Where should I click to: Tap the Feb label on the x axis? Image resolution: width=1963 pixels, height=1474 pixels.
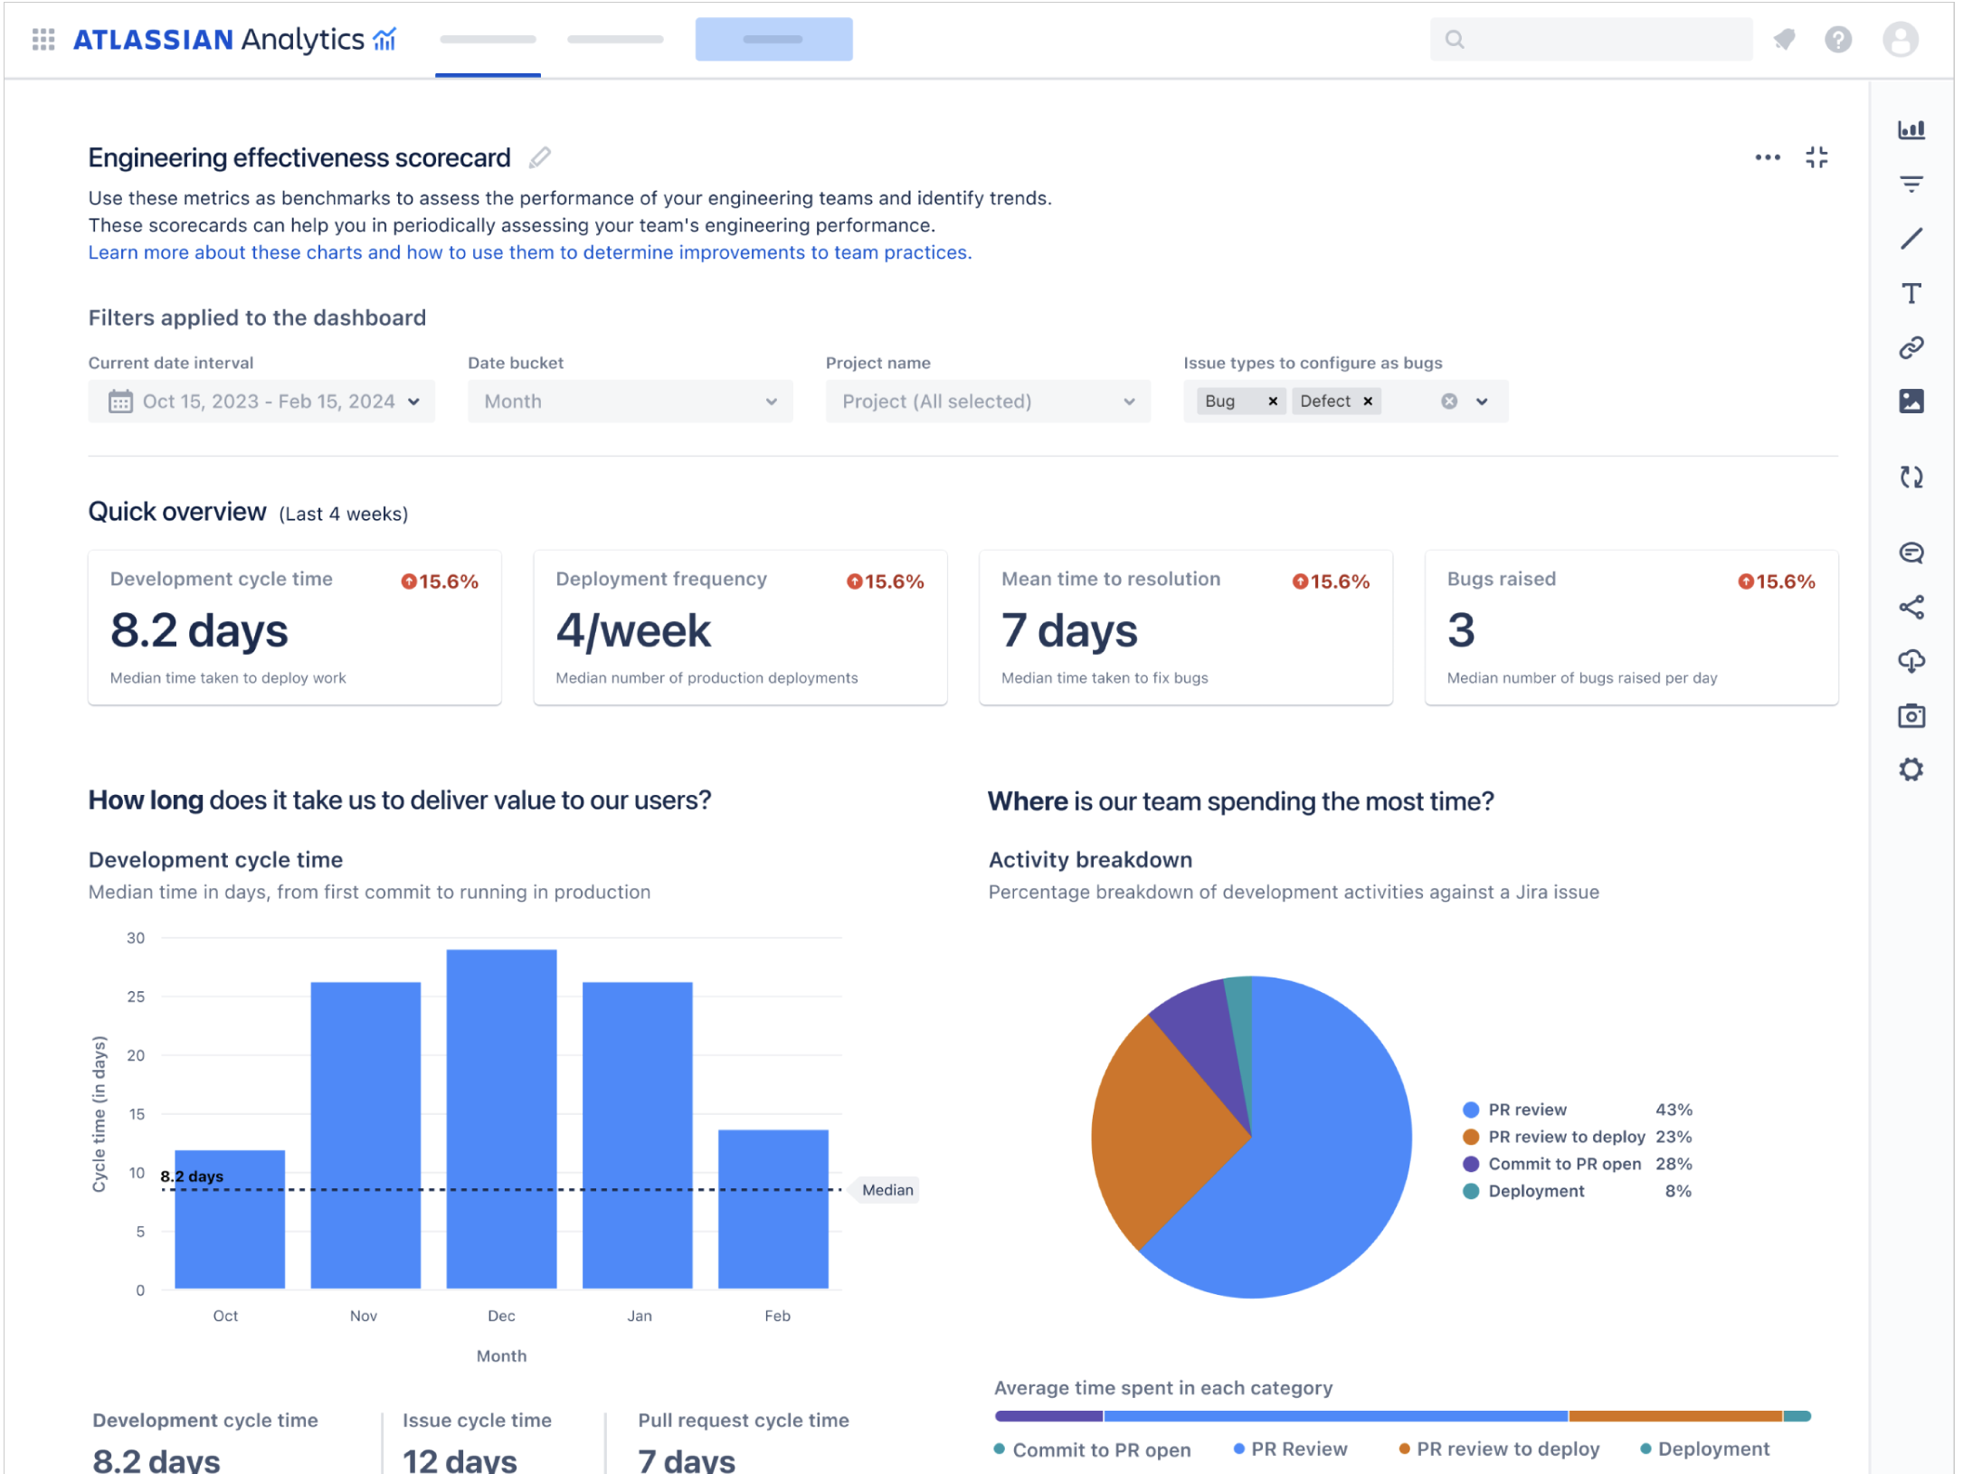click(x=777, y=1316)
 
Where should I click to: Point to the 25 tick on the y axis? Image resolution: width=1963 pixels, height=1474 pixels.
click(x=136, y=997)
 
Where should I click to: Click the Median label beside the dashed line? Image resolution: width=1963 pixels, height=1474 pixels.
click(x=887, y=1190)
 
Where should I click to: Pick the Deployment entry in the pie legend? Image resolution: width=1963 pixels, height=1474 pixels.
click(x=1536, y=1191)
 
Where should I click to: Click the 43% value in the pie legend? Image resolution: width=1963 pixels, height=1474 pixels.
click(x=1674, y=1110)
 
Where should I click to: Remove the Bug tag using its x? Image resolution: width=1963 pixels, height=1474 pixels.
click(x=1273, y=402)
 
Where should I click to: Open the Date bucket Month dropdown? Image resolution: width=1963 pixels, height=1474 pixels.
click(x=630, y=402)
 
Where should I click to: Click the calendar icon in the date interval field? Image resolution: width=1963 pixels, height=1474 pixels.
click(x=120, y=402)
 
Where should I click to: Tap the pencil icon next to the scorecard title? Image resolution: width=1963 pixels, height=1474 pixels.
click(x=540, y=158)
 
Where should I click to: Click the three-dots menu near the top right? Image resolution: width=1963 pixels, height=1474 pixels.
click(x=1767, y=157)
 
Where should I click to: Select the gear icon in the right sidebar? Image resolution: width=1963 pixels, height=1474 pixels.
click(x=1911, y=770)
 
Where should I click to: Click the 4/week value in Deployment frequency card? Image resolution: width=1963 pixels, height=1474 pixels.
click(x=633, y=630)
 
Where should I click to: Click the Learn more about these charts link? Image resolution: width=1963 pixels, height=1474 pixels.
click(x=529, y=252)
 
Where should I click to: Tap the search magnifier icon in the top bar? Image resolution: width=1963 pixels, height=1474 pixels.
click(x=1455, y=39)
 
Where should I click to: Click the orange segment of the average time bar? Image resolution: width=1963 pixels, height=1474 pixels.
click(x=1674, y=1416)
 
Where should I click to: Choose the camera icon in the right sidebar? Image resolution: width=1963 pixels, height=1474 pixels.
click(x=1911, y=716)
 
